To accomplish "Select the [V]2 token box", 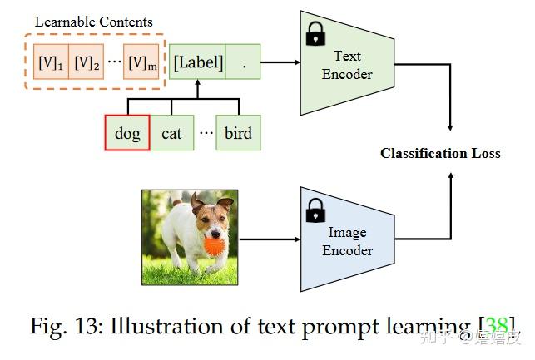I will (x=86, y=62).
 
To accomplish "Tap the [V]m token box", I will (x=141, y=62).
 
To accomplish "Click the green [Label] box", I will (x=197, y=62).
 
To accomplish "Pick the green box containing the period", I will (x=243, y=62).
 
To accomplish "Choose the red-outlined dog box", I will (x=127, y=133).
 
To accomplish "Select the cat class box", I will (x=171, y=133).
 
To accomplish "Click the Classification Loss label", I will (x=440, y=153).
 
